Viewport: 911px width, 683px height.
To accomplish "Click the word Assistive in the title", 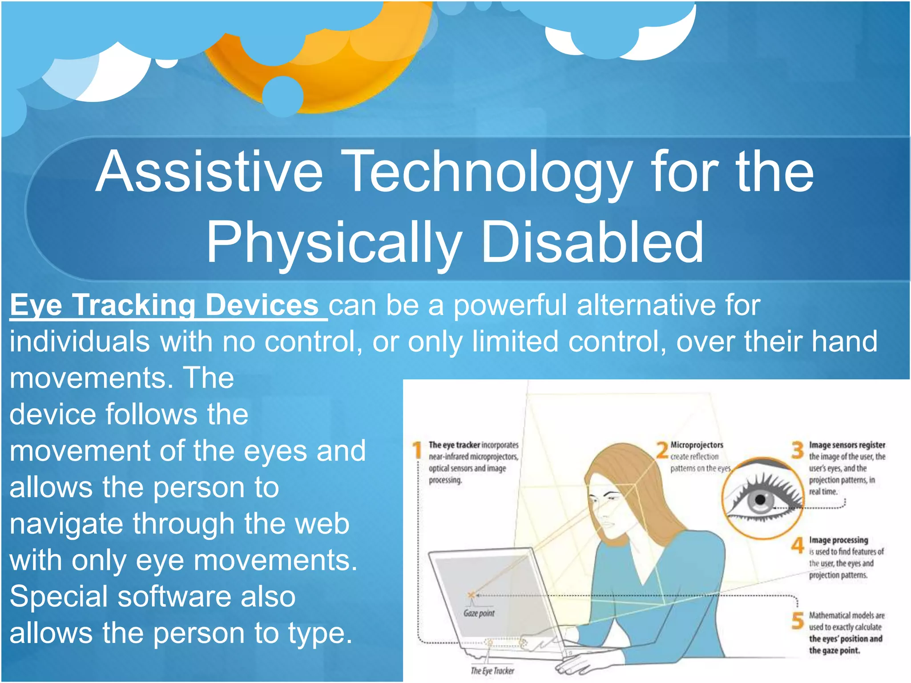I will (209, 173).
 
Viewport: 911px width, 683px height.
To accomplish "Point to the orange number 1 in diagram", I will (417, 450).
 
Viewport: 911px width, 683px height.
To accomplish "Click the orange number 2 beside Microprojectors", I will (662, 450).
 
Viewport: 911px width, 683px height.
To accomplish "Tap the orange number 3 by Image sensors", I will (798, 450).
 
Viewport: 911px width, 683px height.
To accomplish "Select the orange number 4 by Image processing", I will (798, 545).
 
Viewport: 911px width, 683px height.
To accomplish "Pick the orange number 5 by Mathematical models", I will (798, 621).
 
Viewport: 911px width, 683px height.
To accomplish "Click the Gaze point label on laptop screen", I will (479, 614).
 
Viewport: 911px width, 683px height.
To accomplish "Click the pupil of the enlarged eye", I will (760, 500).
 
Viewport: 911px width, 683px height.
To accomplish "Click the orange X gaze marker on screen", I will (471, 595).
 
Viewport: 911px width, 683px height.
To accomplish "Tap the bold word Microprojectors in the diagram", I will (697, 445).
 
